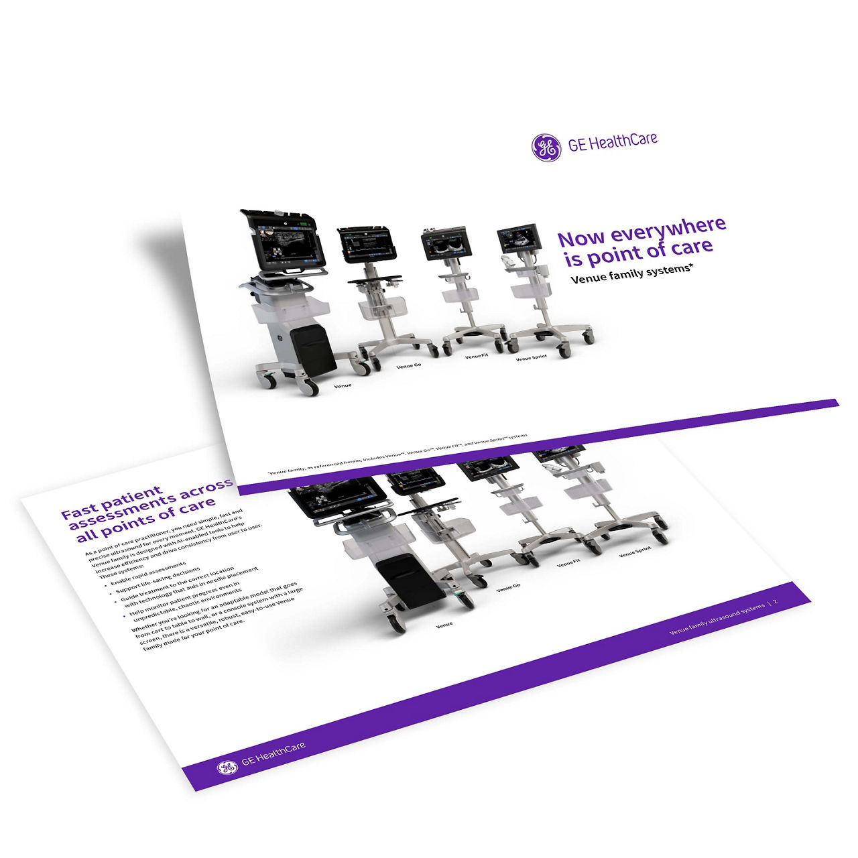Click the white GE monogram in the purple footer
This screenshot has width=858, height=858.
227,766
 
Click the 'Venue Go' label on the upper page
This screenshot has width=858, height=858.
408,366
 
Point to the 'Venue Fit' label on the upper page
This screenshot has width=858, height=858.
477,357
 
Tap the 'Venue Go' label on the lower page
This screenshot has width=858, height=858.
508,588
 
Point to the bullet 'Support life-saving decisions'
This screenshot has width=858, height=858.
158,585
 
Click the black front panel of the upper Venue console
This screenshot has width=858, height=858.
314,351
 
